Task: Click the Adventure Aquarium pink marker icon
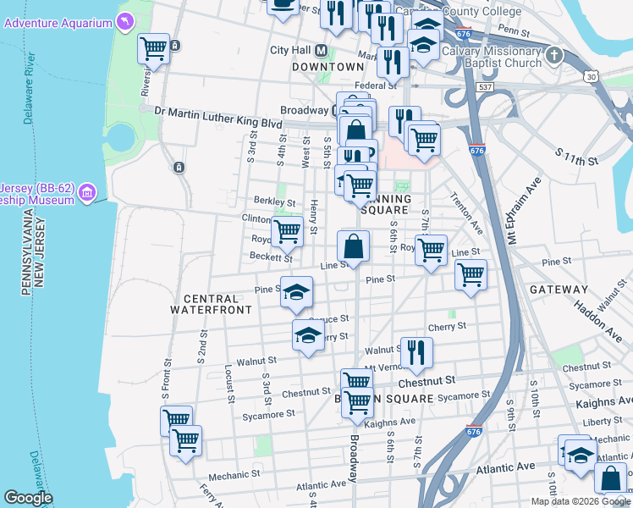125,20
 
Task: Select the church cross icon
554,56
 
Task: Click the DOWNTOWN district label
328,67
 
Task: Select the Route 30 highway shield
589,77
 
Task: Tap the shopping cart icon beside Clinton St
287,229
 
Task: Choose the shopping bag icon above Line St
354,246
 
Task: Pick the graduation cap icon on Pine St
295,292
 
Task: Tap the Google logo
28,498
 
